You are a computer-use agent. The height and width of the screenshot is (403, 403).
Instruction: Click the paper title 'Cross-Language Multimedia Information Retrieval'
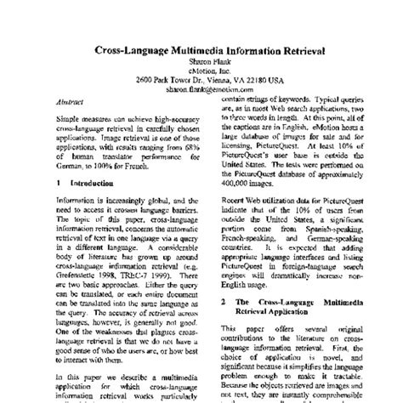(201, 49)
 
